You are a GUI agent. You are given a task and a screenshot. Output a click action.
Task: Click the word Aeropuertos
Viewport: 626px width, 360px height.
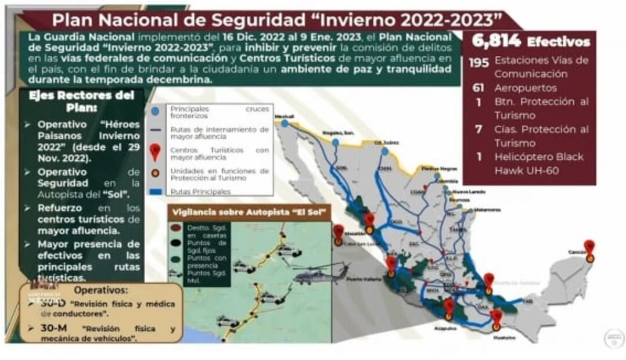[x=526, y=88]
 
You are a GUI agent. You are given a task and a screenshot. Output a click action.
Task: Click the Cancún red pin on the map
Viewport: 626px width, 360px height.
[x=589, y=247]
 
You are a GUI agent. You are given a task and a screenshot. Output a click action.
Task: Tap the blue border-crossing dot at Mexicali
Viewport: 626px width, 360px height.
[x=285, y=123]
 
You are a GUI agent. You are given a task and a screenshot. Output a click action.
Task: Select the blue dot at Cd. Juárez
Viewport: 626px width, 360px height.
[x=385, y=152]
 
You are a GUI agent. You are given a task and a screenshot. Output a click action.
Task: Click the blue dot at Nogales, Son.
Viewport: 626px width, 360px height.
[x=336, y=142]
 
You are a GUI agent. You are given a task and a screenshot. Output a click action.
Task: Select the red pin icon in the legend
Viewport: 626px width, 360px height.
[x=155, y=152]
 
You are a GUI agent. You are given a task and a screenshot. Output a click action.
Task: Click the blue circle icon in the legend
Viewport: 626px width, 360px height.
[x=154, y=110]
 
